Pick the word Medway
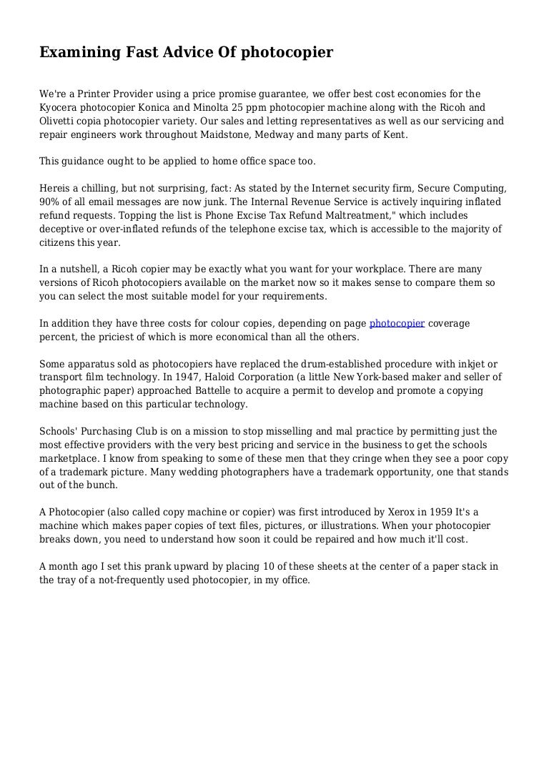coord(287,134)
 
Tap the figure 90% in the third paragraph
coord(50,202)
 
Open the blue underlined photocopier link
coord(397,323)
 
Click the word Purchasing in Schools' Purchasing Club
coord(112,431)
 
